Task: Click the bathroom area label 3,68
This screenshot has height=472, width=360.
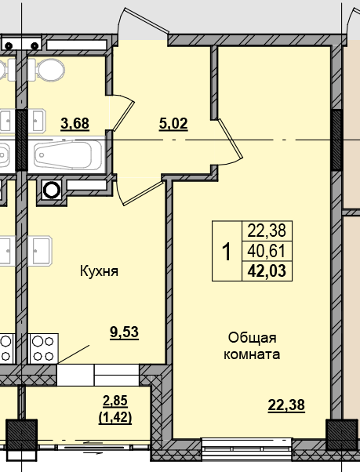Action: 75,122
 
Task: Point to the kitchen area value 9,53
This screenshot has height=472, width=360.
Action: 124,332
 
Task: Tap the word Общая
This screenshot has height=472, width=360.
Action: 253,337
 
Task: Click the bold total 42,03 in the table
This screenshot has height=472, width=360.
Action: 267,272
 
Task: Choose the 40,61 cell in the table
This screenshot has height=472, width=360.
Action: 268,252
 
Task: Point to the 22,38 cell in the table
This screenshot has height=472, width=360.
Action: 268,231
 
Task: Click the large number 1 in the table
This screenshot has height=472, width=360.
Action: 227,252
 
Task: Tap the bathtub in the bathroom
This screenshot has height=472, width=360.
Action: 70,157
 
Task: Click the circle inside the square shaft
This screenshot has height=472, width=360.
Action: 52,189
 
